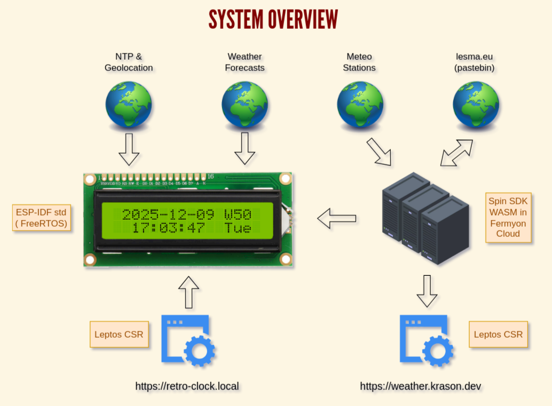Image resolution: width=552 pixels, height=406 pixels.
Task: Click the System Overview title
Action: tap(273, 20)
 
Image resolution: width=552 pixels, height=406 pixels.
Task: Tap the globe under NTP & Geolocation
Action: tap(129, 105)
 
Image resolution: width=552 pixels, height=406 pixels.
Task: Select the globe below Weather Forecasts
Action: tap(245, 105)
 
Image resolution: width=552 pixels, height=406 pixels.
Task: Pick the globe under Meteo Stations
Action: tap(360, 105)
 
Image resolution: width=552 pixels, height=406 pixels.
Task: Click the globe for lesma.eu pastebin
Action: tap(476, 105)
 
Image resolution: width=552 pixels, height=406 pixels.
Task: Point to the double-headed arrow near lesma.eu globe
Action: tap(456, 153)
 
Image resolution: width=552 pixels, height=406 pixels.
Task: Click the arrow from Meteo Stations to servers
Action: tap(379, 152)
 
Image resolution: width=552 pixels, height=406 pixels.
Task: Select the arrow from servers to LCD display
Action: tap(337, 218)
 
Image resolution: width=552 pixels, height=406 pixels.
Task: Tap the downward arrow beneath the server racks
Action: tap(427, 291)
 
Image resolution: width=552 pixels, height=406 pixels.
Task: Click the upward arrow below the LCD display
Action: tap(188, 292)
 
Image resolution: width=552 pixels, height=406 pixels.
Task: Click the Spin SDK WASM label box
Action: tap(508, 218)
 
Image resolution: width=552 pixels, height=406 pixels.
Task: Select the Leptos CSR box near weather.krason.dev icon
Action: tap(498, 335)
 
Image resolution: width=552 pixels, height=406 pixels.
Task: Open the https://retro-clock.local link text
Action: tap(187, 386)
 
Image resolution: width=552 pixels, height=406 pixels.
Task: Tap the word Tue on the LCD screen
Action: tap(238, 228)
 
